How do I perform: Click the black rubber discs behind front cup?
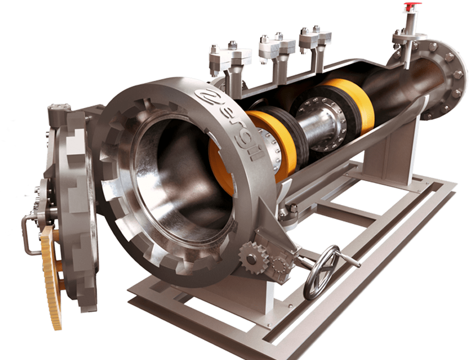300,130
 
